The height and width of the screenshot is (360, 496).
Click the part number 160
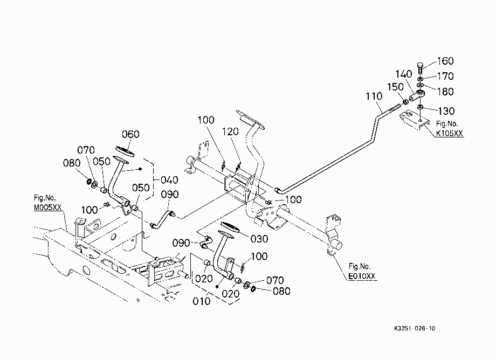coord(445,61)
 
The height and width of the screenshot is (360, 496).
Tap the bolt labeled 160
coord(420,68)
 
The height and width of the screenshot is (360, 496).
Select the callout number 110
coord(374,96)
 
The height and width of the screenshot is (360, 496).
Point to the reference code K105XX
coord(450,133)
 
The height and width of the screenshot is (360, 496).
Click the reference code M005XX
coord(48,207)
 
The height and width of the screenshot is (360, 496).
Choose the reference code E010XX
coord(362,276)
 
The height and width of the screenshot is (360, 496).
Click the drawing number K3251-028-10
coord(415,328)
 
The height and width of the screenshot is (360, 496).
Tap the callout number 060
coord(130,134)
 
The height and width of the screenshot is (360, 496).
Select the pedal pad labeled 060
coord(125,151)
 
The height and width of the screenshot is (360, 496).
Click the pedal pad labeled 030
coord(231,227)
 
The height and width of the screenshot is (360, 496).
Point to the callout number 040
coord(169,180)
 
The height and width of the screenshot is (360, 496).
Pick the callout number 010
coord(202,301)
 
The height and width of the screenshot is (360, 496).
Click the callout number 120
coord(230,131)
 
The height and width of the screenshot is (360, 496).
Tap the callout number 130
coord(446,111)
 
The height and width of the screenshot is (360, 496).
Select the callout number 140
coord(404,74)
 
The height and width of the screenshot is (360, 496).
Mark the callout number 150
coord(395,87)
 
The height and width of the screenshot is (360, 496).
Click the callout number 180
coord(445,91)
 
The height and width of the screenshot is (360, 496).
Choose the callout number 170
coord(445,76)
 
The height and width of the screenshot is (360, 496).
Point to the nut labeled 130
coord(420,107)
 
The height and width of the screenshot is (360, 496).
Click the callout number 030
coord(259,239)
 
